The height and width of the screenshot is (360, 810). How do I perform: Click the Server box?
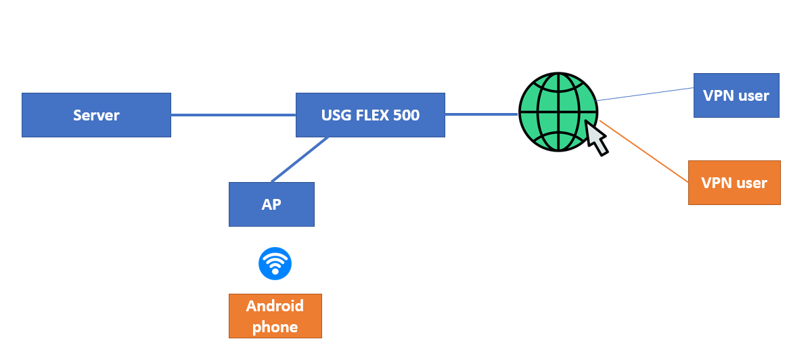click(x=96, y=115)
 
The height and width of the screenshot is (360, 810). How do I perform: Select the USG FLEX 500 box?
click(x=370, y=115)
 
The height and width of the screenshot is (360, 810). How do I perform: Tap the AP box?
click(x=271, y=204)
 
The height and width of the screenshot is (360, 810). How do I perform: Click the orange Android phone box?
click(x=275, y=316)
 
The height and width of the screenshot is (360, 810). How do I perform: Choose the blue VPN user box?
click(x=736, y=95)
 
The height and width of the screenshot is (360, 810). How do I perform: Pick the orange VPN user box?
click(x=734, y=183)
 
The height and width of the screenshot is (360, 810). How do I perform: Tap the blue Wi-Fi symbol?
click(x=275, y=263)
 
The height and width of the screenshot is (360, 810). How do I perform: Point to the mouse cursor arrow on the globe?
click(x=595, y=137)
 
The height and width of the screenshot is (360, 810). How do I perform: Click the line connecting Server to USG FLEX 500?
click(x=233, y=115)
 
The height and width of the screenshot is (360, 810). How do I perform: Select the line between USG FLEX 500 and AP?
click(x=300, y=160)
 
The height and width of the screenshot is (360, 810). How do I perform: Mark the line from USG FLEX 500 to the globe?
click(x=481, y=114)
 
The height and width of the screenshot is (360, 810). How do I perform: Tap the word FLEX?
click(x=372, y=115)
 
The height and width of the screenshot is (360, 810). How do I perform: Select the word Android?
click(x=275, y=306)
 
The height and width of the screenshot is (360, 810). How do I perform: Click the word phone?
click(x=275, y=327)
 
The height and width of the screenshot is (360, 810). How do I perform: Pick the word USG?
click(x=336, y=115)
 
